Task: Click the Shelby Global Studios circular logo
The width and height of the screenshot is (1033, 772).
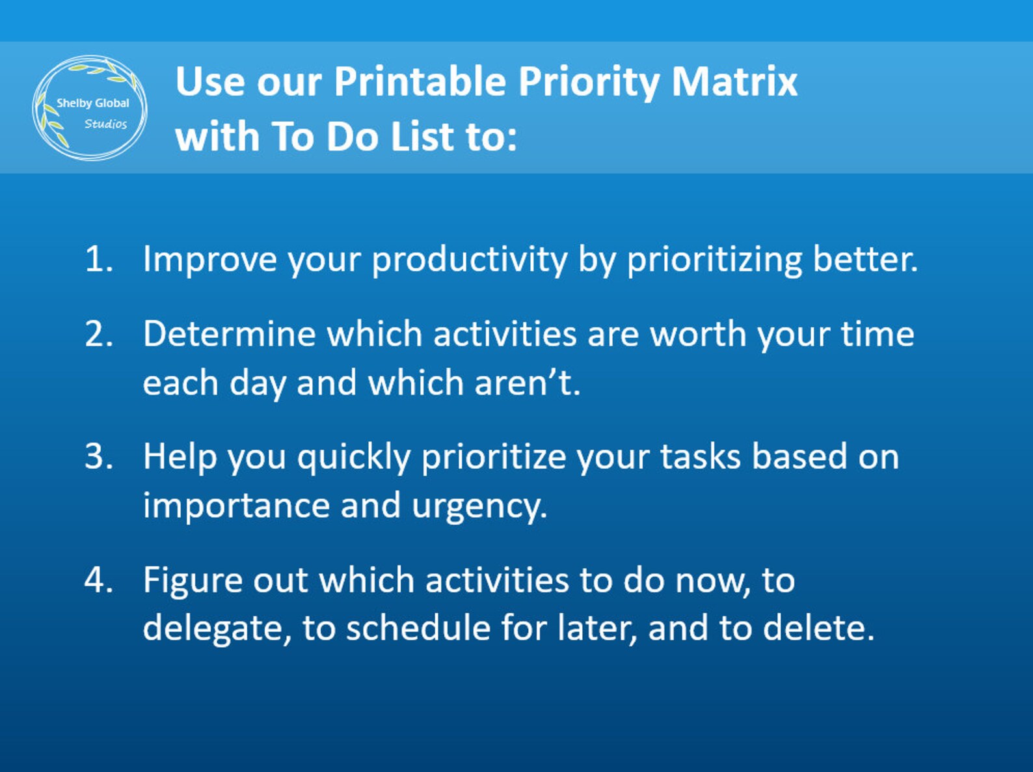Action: tap(90, 108)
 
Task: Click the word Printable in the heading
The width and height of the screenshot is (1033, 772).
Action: tap(420, 82)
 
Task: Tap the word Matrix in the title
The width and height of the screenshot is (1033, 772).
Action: tap(734, 82)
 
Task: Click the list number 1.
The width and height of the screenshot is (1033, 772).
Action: tap(98, 259)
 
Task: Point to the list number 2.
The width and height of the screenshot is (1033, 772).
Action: tap(98, 334)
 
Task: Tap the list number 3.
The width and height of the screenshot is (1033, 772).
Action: tap(98, 456)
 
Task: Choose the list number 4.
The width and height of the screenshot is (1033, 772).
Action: tap(98, 580)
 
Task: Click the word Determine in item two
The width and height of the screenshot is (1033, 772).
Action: tap(229, 334)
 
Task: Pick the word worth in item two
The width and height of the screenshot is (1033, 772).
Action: tap(698, 334)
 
